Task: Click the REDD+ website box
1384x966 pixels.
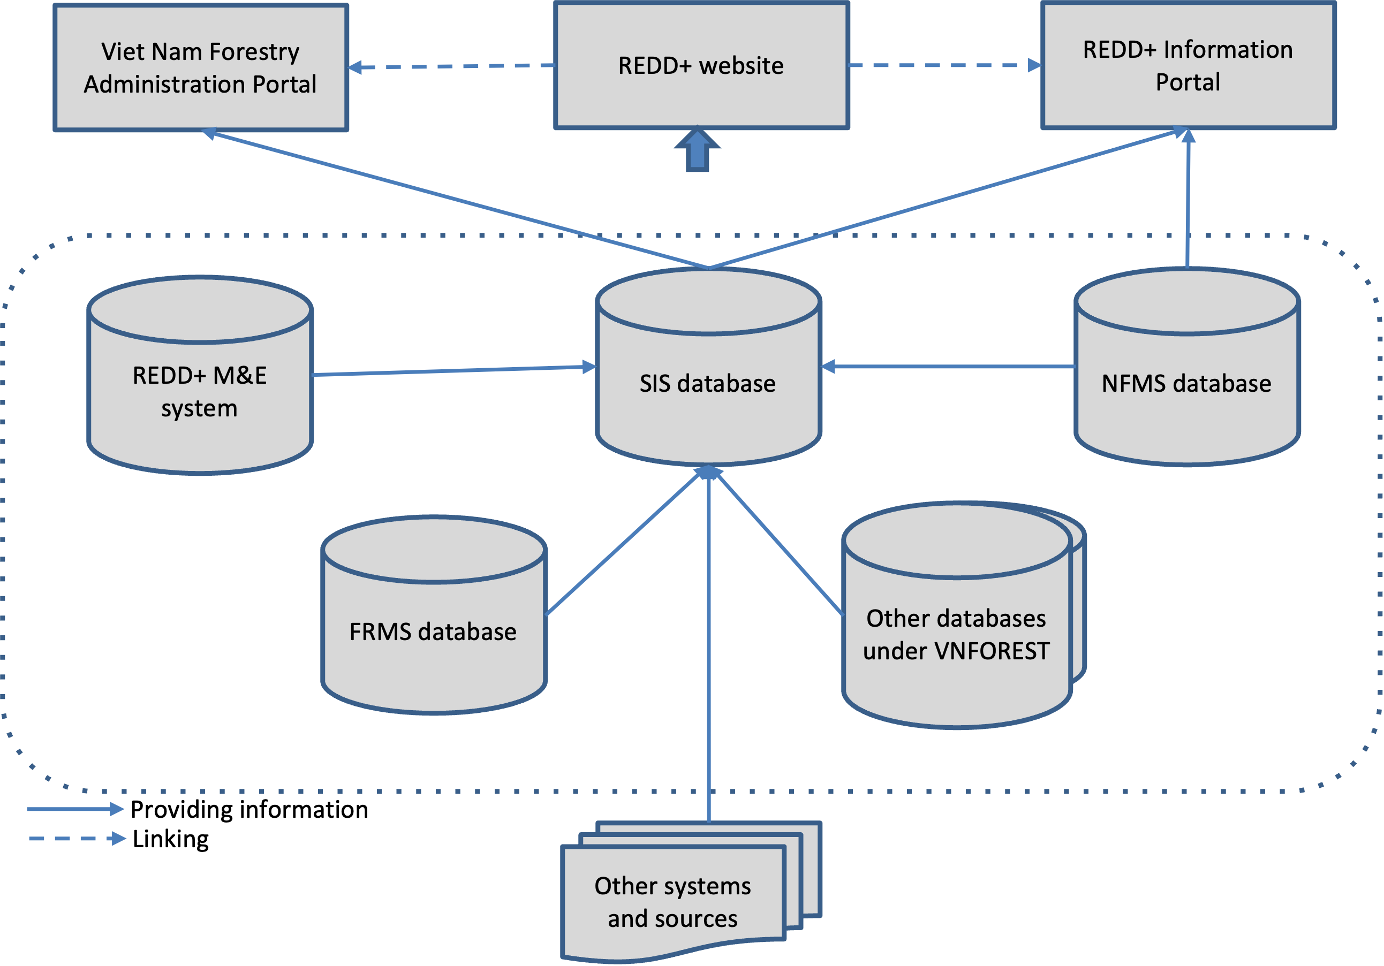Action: tap(701, 65)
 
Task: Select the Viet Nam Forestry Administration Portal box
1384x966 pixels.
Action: tap(201, 67)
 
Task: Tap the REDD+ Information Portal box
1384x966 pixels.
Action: tap(1188, 65)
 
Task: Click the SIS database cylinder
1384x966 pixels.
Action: tap(708, 384)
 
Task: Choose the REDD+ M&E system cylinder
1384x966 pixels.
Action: tap(200, 392)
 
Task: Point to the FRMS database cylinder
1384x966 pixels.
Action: tap(434, 632)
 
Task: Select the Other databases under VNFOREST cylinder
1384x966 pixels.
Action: tap(957, 635)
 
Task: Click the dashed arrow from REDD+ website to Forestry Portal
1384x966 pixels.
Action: tap(452, 66)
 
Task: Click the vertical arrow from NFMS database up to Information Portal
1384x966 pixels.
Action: tap(1188, 199)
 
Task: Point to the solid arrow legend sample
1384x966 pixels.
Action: tap(75, 809)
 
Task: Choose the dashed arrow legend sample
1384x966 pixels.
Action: tap(77, 838)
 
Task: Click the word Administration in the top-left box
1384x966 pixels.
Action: tap(164, 85)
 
